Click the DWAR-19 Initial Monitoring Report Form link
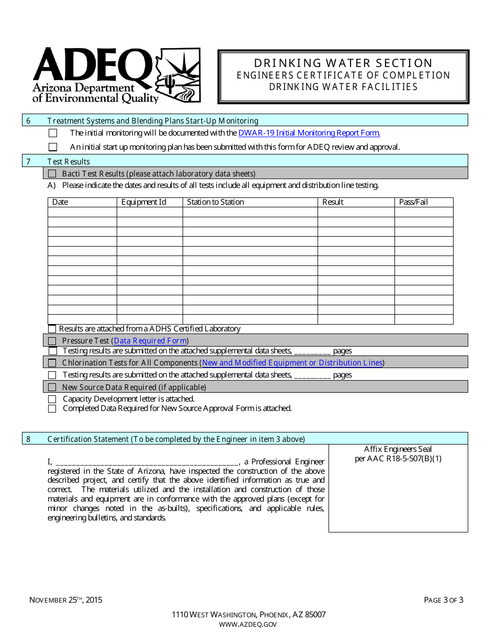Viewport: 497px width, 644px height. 309,133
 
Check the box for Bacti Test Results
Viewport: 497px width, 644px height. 52,174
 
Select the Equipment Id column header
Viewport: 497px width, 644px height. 144,202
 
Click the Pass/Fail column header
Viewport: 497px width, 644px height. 413,202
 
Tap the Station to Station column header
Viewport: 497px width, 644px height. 216,202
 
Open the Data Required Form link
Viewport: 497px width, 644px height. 150,341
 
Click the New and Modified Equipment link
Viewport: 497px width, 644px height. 292,363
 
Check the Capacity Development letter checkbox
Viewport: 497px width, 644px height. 52,399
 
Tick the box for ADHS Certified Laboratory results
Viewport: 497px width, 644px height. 52,329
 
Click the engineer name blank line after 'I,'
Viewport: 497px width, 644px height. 146,462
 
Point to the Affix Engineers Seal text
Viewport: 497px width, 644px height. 398,449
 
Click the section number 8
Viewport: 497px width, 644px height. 28,439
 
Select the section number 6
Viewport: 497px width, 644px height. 28,121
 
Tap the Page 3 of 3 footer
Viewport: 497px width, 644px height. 443,600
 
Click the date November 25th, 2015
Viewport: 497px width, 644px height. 65,600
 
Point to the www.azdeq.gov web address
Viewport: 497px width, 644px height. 248,624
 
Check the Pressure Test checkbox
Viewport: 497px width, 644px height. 52,341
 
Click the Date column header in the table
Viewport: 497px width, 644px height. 60,202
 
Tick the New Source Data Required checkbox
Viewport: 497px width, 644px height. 52,387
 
